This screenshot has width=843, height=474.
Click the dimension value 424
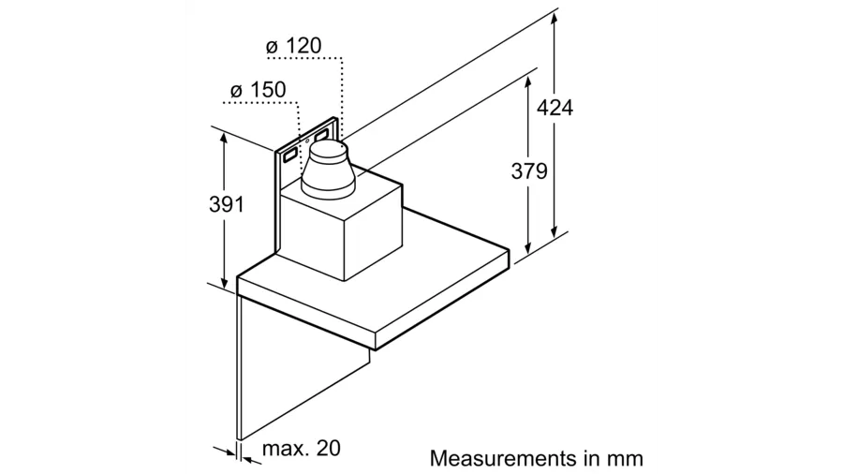point(555,108)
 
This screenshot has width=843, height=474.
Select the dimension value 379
point(529,170)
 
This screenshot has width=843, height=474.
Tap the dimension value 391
point(227,204)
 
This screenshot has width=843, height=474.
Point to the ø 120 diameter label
point(293,46)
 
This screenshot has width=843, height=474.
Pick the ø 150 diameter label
point(259,90)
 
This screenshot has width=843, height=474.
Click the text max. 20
point(301,448)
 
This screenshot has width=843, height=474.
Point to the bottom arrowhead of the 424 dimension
point(555,231)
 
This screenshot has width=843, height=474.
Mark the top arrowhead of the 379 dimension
point(528,83)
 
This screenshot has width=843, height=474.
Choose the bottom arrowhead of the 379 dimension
point(528,247)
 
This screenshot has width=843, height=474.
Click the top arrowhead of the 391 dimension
point(224,137)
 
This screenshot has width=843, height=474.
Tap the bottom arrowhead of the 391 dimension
point(224,281)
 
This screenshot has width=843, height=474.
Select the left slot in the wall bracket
point(288,156)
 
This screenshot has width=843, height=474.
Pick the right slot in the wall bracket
point(322,134)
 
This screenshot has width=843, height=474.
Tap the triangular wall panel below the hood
point(279,371)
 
